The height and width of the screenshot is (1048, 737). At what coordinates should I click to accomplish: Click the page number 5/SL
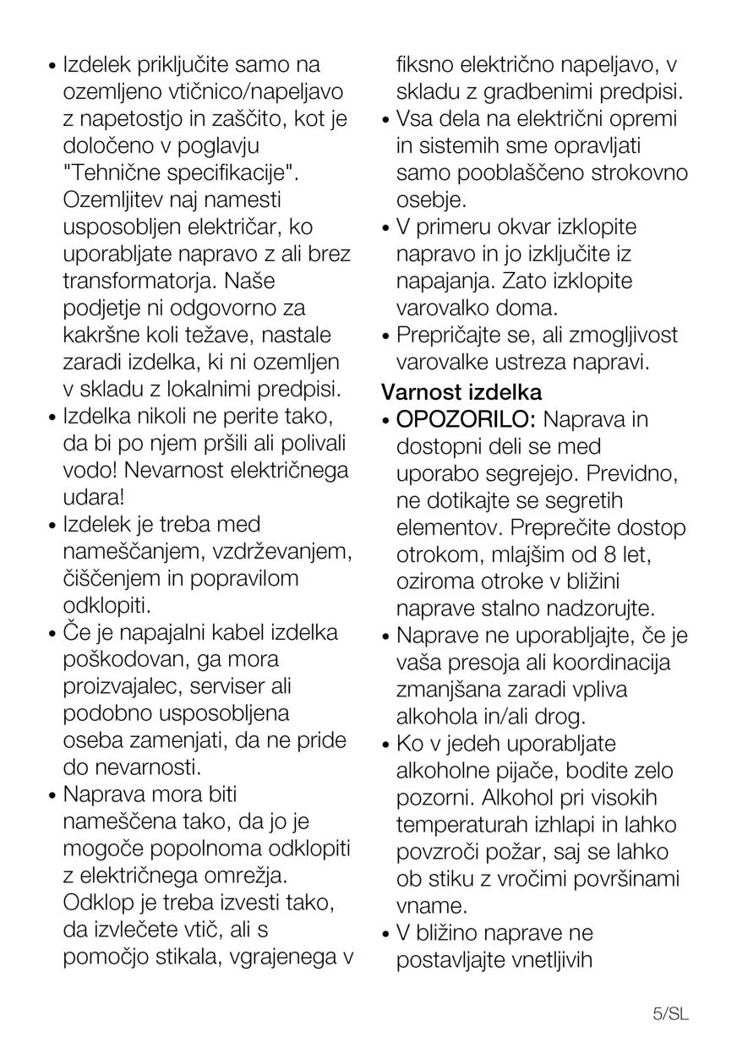click(671, 1013)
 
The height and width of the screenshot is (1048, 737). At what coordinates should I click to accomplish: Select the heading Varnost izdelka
click(461, 392)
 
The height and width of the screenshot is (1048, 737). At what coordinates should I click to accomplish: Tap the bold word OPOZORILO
click(466, 419)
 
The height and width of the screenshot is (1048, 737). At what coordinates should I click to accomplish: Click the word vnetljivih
click(553, 960)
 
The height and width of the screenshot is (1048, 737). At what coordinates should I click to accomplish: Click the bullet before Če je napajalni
click(52, 634)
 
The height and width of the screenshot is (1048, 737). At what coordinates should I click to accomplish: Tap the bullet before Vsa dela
click(385, 120)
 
